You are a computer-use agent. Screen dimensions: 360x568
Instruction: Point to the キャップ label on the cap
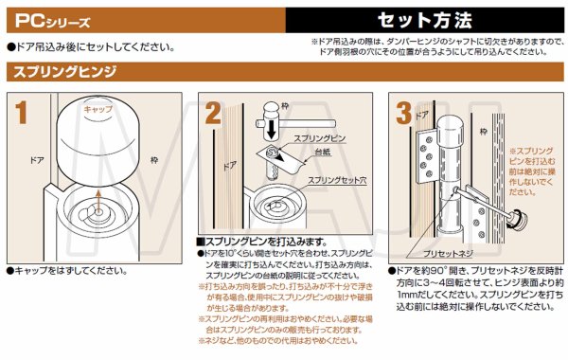click(98, 110)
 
